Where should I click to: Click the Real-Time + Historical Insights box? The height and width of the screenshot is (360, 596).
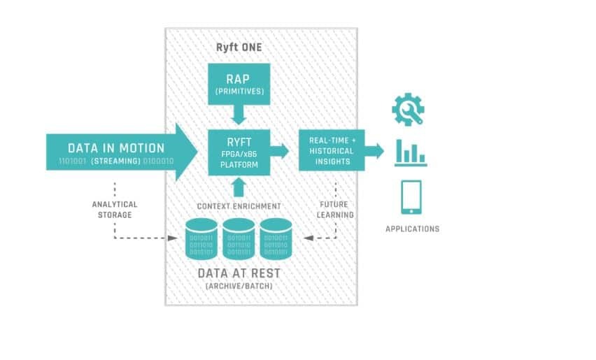332,150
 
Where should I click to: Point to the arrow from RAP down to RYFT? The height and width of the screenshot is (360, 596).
239,112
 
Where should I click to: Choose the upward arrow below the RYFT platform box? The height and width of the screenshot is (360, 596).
239,187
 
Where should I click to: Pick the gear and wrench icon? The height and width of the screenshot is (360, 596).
410,110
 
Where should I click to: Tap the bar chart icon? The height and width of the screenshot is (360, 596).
411,153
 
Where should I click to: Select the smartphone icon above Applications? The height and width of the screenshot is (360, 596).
411,197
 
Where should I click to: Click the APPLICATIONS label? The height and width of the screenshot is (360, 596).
413,229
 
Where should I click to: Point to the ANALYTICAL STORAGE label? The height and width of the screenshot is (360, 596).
115,209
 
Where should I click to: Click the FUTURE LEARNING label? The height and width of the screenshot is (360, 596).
335,209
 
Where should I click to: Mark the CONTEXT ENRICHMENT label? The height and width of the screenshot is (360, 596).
239,206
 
